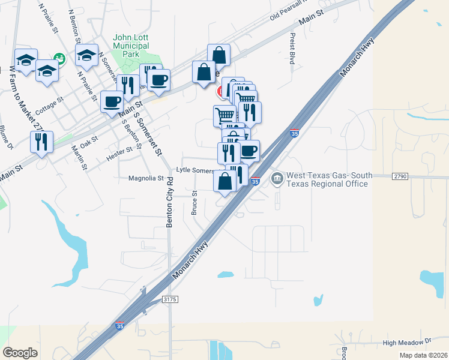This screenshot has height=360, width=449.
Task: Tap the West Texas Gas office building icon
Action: (x=277, y=178)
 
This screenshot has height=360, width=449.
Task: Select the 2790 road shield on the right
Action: (x=400, y=176)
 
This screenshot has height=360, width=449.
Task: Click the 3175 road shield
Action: (x=170, y=298)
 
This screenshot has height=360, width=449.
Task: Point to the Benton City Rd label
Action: (x=170, y=202)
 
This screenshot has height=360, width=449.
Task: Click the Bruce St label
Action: (x=194, y=203)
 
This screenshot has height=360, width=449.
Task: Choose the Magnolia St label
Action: (x=146, y=178)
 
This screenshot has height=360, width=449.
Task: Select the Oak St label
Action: (x=89, y=142)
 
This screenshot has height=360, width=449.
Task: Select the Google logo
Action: (x=20, y=352)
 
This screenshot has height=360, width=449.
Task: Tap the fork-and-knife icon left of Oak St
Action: (x=41, y=142)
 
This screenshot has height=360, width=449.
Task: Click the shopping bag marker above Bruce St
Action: (x=224, y=181)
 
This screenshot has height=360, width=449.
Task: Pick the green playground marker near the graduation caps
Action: (x=59, y=58)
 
